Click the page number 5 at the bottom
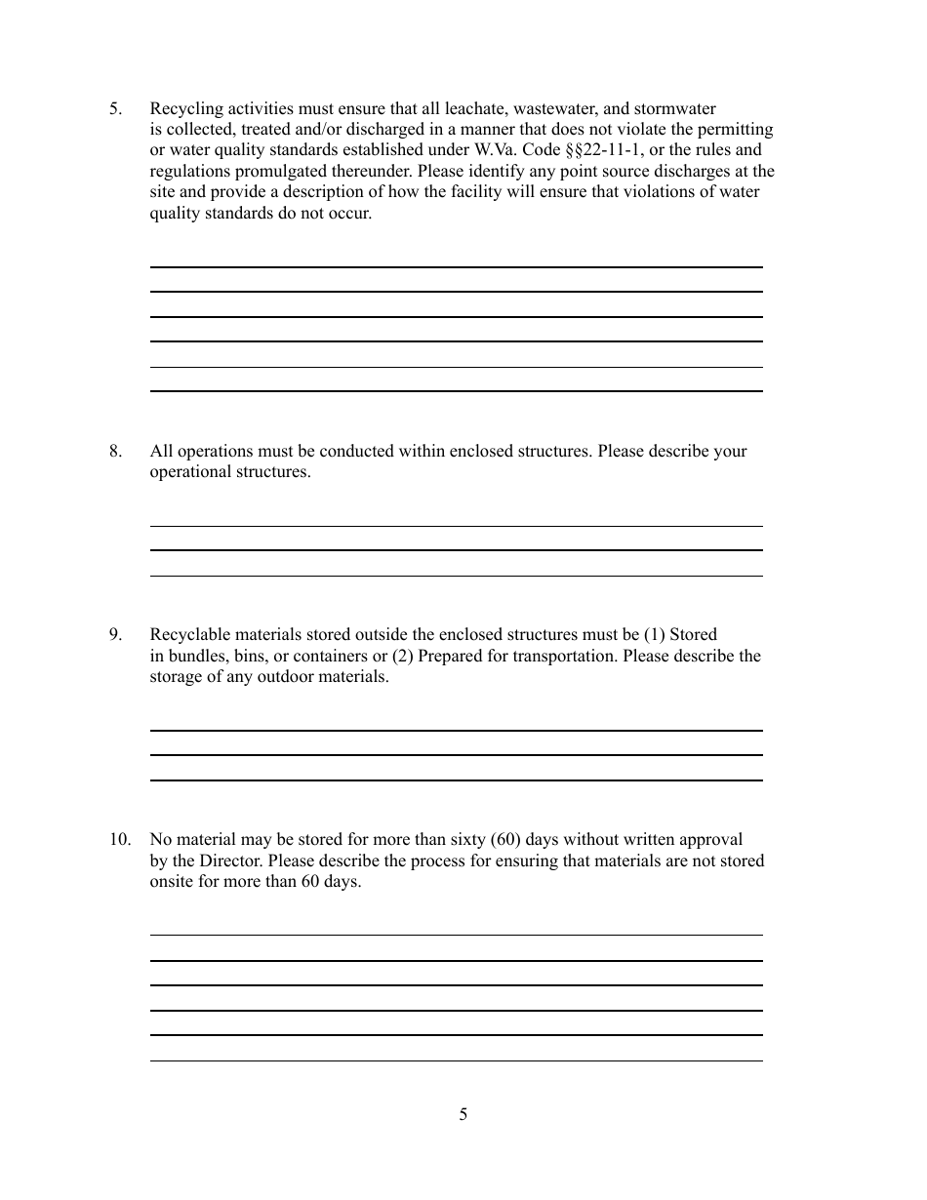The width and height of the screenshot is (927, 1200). point(463,1114)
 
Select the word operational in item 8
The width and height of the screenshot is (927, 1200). point(189,472)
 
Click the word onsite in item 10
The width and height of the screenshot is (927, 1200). point(172,882)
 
